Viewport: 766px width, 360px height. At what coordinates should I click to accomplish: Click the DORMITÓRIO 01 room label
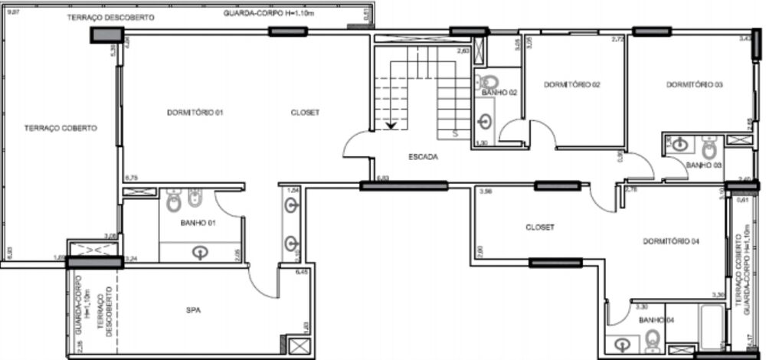click(195, 113)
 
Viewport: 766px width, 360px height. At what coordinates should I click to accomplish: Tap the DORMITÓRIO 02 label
click(571, 85)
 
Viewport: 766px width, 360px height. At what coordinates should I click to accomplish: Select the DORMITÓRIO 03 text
click(694, 85)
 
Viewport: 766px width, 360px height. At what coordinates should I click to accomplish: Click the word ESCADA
click(423, 158)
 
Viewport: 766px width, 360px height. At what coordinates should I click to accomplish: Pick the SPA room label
click(194, 310)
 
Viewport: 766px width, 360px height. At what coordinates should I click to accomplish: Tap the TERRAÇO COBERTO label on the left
click(60, 128)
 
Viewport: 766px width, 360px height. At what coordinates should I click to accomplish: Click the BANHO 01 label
click(197, 224)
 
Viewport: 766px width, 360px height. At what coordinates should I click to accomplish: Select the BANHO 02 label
click(499, 93)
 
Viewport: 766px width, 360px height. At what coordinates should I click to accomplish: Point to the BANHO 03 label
click(704, 165)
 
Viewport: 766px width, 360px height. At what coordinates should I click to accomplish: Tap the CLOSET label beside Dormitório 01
click(305, 113)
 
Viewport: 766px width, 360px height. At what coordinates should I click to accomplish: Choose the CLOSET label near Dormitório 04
click(540, 227)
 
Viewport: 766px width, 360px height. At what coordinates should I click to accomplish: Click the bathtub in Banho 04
click(711, 326)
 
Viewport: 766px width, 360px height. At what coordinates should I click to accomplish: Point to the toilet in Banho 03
click(709, 146)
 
